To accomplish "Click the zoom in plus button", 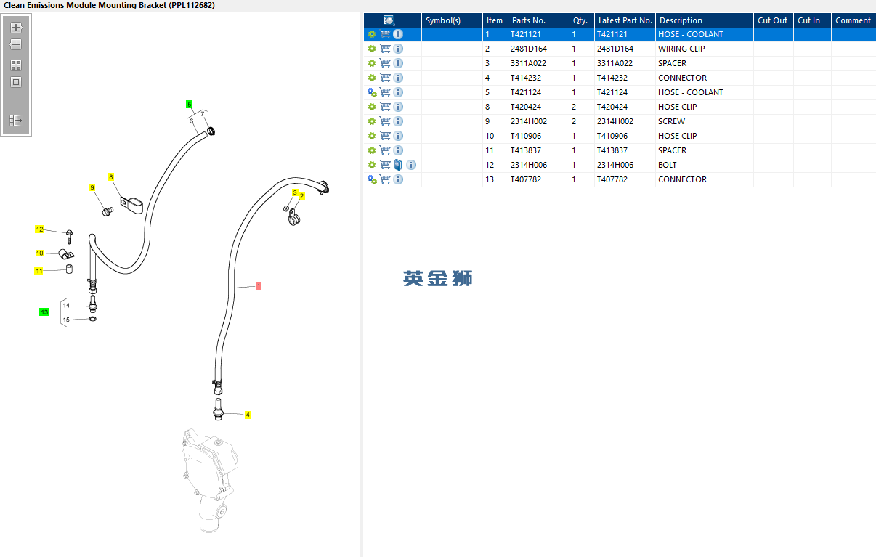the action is (x=16, y=28).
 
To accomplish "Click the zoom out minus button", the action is (x=16, y=44).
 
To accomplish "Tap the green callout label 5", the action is (x=190, y=105).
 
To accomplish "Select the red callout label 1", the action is (x=259, y=285).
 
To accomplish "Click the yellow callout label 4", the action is (x=248, y=415).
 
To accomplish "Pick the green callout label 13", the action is (x=44, y=312).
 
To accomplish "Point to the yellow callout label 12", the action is (x=39, y=229).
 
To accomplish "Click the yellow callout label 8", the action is (x=111, y=177).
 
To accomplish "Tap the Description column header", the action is (x=681, y=20).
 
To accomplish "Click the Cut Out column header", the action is (x=772, y=20).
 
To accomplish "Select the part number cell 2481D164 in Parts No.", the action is (x=528, y=49).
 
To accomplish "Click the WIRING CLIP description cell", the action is (x=681, y=49).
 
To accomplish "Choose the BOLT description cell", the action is (x=667, y=165).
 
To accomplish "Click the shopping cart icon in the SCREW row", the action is (x=385, y=121).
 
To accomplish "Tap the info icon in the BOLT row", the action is (x=411, y=165).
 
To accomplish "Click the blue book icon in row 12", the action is (x=398, y=165).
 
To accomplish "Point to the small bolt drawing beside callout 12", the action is (x=69, y=237).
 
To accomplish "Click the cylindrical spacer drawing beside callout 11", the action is (x=69, y=269).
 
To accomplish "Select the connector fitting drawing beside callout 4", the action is (x=218, y=410).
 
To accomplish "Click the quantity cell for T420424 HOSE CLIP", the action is (x=574, y=107).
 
